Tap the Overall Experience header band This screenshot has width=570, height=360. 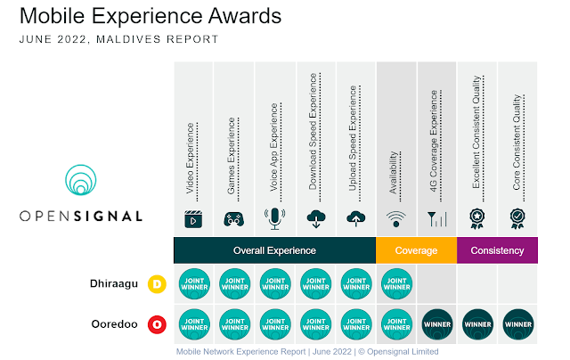pyautogui.click(x=274, y=250)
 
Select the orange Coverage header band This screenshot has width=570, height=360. pyautogui.click(x=416, y=250)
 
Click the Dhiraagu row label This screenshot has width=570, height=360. pyautogui.click(x=113, y=284)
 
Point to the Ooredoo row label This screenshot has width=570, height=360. pyautogui.click(x=114, y=323)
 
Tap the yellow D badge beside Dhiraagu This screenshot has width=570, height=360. pyautogui.click(x=158, y=284)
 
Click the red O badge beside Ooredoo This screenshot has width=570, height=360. pyautogui.click(x=158, y=324)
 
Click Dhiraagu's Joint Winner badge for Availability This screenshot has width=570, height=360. pyautogui.click(x=396, y=285)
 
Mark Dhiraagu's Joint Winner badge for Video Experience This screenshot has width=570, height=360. pyautogui.click(x=194, y=285)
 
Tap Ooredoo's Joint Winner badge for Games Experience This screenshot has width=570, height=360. pyautogui.click(x=234, y=324)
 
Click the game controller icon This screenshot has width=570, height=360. pyautogui.click(x=234, y=218)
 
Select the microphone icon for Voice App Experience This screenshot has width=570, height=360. pyautogui.click(x=274, y=218)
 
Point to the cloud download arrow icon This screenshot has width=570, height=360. pyautogui.click(x=315, y=218)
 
